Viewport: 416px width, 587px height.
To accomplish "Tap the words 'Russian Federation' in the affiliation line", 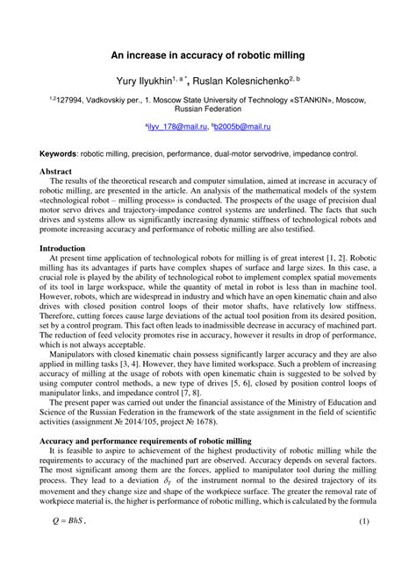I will coord(208,111).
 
